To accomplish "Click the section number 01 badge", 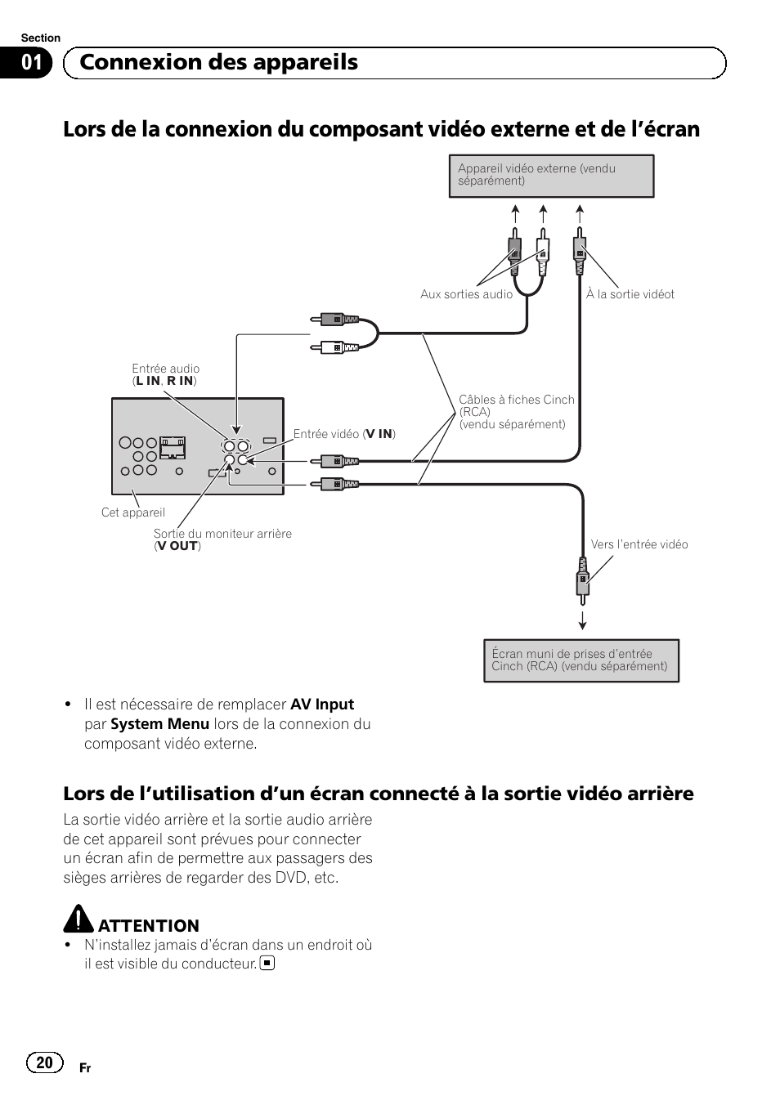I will pyautogui.click(x=31, y=63).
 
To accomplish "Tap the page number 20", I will pyautogui.click(x=44, y=1062).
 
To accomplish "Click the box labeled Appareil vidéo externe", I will pyautogui.click(x=551, y=176).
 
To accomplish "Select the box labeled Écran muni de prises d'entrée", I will pyautogui.click(x=581, y=660).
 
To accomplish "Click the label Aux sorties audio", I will pyautogui.click(x=466, y=294).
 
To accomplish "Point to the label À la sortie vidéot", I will pyautogui.click(x=630, y=294).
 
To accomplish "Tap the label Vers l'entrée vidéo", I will pyautogui.click(x=639, y=544).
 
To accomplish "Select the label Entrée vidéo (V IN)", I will pyautogui.click(x=344, y=434).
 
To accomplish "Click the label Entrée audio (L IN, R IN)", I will pyautogui.click(x=165, y=375).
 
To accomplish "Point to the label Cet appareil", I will pyautogui.click(x=132, y=512).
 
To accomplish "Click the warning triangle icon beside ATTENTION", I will pyautogui.click(x=78, y=919).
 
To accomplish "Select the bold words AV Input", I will pyautogui.click(x=322, y=705).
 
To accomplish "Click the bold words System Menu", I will pyautogui.click(x=159, y=724).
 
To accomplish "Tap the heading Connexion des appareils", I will pyautogui.click(x=218, y=63).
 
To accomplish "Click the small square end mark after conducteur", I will pyautogui.click(x=267, y=963).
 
